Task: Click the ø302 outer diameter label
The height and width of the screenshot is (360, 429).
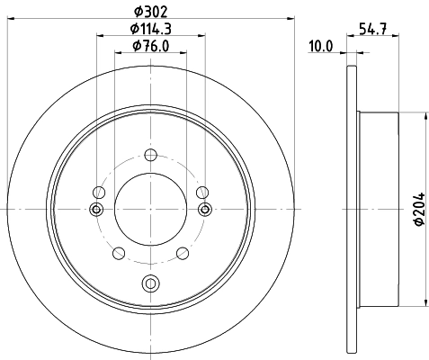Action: [150, 11]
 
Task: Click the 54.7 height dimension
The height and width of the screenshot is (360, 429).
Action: [369, 29]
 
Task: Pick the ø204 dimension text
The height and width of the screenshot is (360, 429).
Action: [420, 211]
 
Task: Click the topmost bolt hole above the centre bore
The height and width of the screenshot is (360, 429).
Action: [150, 153]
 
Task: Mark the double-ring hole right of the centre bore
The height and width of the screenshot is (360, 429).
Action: [205, 210]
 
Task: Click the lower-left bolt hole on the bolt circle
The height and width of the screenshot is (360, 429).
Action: [118, 254]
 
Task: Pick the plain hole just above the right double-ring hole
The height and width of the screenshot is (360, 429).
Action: [202, 191]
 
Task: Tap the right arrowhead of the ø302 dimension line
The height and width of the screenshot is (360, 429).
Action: [291, 17]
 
